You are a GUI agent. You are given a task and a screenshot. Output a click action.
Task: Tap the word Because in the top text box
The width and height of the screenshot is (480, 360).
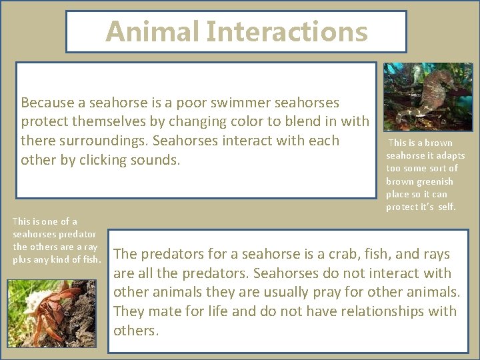pos(47,103)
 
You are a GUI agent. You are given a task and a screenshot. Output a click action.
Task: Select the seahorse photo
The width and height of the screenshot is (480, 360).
pos(427,97)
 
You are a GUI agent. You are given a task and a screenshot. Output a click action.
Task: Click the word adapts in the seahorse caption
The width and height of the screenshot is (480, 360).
pos(450,155)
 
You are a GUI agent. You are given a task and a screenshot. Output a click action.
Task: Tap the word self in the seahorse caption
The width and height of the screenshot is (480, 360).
pos(447,207)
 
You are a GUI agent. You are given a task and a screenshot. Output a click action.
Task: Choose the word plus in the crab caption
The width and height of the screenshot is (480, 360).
pos(21,259)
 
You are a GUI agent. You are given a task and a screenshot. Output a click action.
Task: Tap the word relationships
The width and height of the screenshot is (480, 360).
pos(380,311)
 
